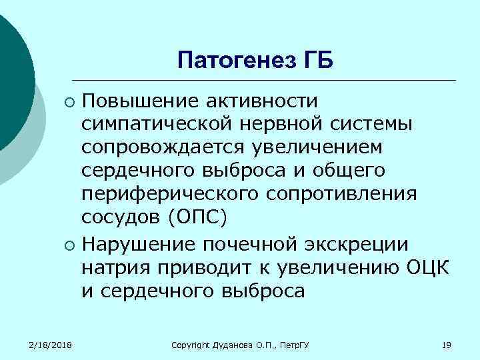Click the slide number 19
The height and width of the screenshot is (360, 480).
(x=447, y=344)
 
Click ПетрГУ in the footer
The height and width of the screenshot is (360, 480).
(x=301, y=344)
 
